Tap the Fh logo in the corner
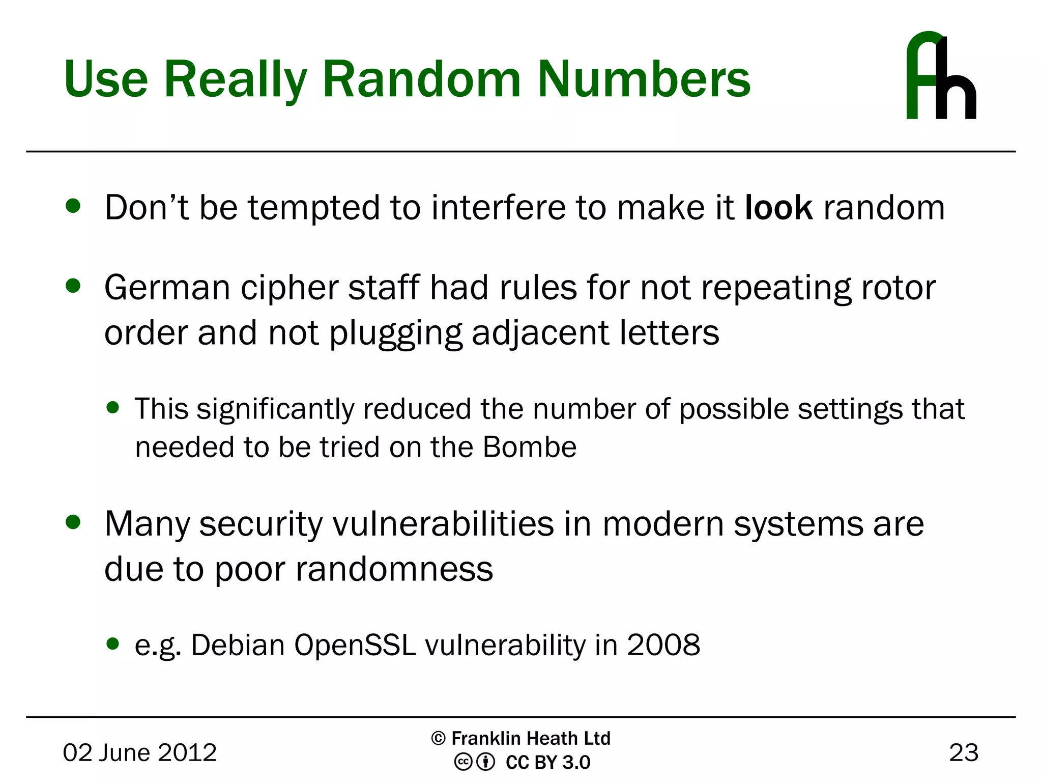tap(941, 76)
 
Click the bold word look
tap(778, 208)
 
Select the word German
tap(167, 288)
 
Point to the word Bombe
tap(529, 447)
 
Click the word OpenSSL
tap(355, 645)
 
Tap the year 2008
tap(663, 645)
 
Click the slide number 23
tap(963, 752)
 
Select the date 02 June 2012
tap(139, 752)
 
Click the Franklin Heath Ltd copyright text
tap(521, 738)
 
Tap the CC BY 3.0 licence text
tap(547, 763)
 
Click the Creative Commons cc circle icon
tap(463, 762)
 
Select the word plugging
tap(396, 333)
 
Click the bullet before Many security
tap(73, 522)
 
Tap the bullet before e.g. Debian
tap(113, 644)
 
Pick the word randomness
tap(394, 569)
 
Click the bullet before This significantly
tap(113, 407)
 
